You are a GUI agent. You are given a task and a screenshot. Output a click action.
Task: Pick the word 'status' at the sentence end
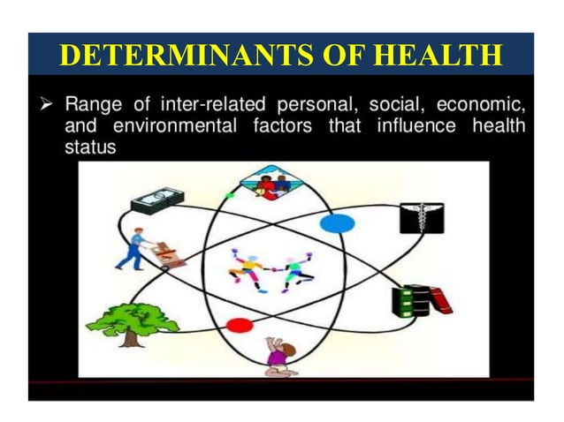[90, 147]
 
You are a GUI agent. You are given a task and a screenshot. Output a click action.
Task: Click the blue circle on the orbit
[336, 223]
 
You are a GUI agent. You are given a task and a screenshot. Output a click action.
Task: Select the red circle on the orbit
[239, 325]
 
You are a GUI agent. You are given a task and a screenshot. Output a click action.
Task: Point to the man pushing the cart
[135, 252]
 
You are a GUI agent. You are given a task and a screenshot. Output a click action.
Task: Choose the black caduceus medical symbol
[422, 216]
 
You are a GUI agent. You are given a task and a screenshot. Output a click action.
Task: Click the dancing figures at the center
[270, 269]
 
